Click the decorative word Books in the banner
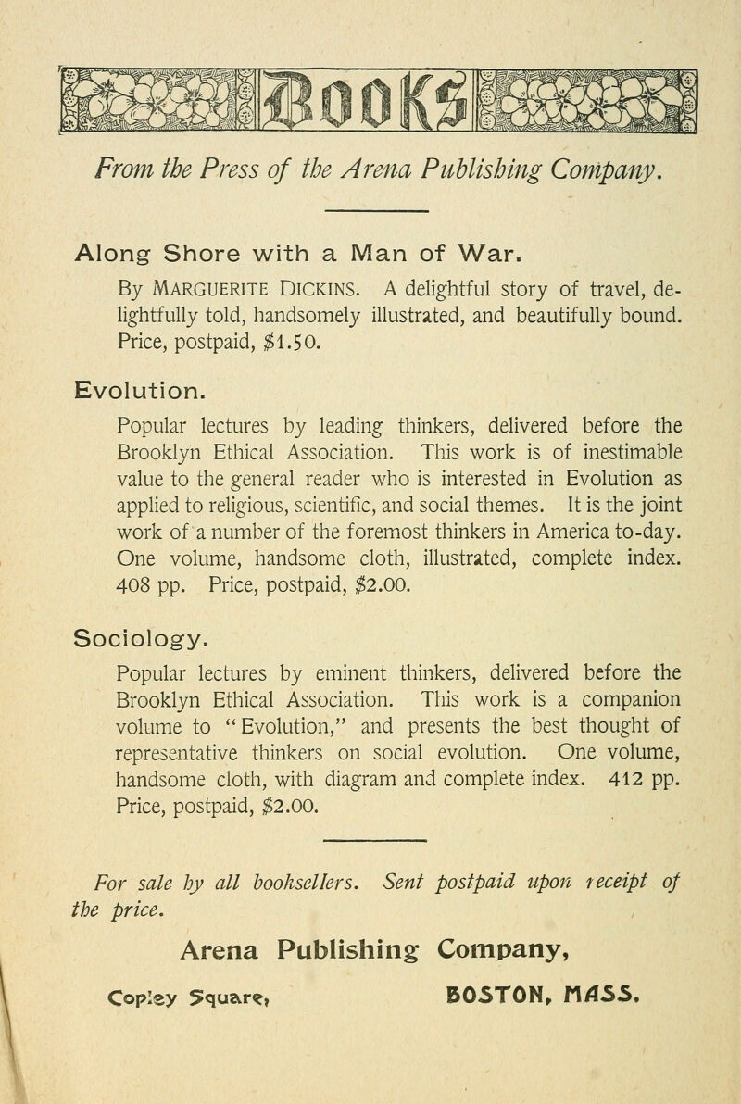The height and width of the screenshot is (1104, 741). (367, 97)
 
